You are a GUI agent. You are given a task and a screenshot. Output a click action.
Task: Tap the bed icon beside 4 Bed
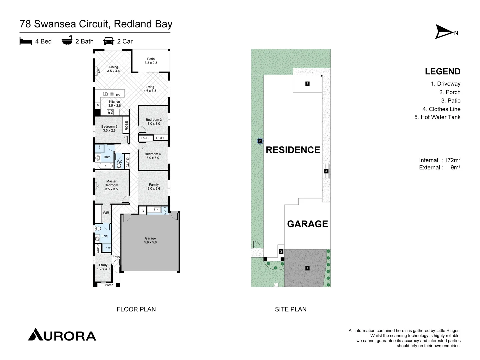click(26, 41)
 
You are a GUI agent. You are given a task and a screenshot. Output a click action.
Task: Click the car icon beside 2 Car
click(109, 41)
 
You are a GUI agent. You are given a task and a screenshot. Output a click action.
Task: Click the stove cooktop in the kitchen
click(110, 112)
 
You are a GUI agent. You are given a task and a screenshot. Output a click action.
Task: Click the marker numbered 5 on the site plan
click(260, 141)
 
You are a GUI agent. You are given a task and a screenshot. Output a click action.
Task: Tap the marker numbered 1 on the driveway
click(307, 268)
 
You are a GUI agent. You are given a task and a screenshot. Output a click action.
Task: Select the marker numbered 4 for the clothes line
click(326, 171)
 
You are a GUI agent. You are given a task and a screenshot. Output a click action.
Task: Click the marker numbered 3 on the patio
click(307, 84)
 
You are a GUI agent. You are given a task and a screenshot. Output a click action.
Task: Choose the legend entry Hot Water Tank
click(437, 117)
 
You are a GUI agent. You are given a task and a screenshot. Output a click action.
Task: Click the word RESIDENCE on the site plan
click(293, 150)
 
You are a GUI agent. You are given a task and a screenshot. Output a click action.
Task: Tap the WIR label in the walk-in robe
click(106, 213)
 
